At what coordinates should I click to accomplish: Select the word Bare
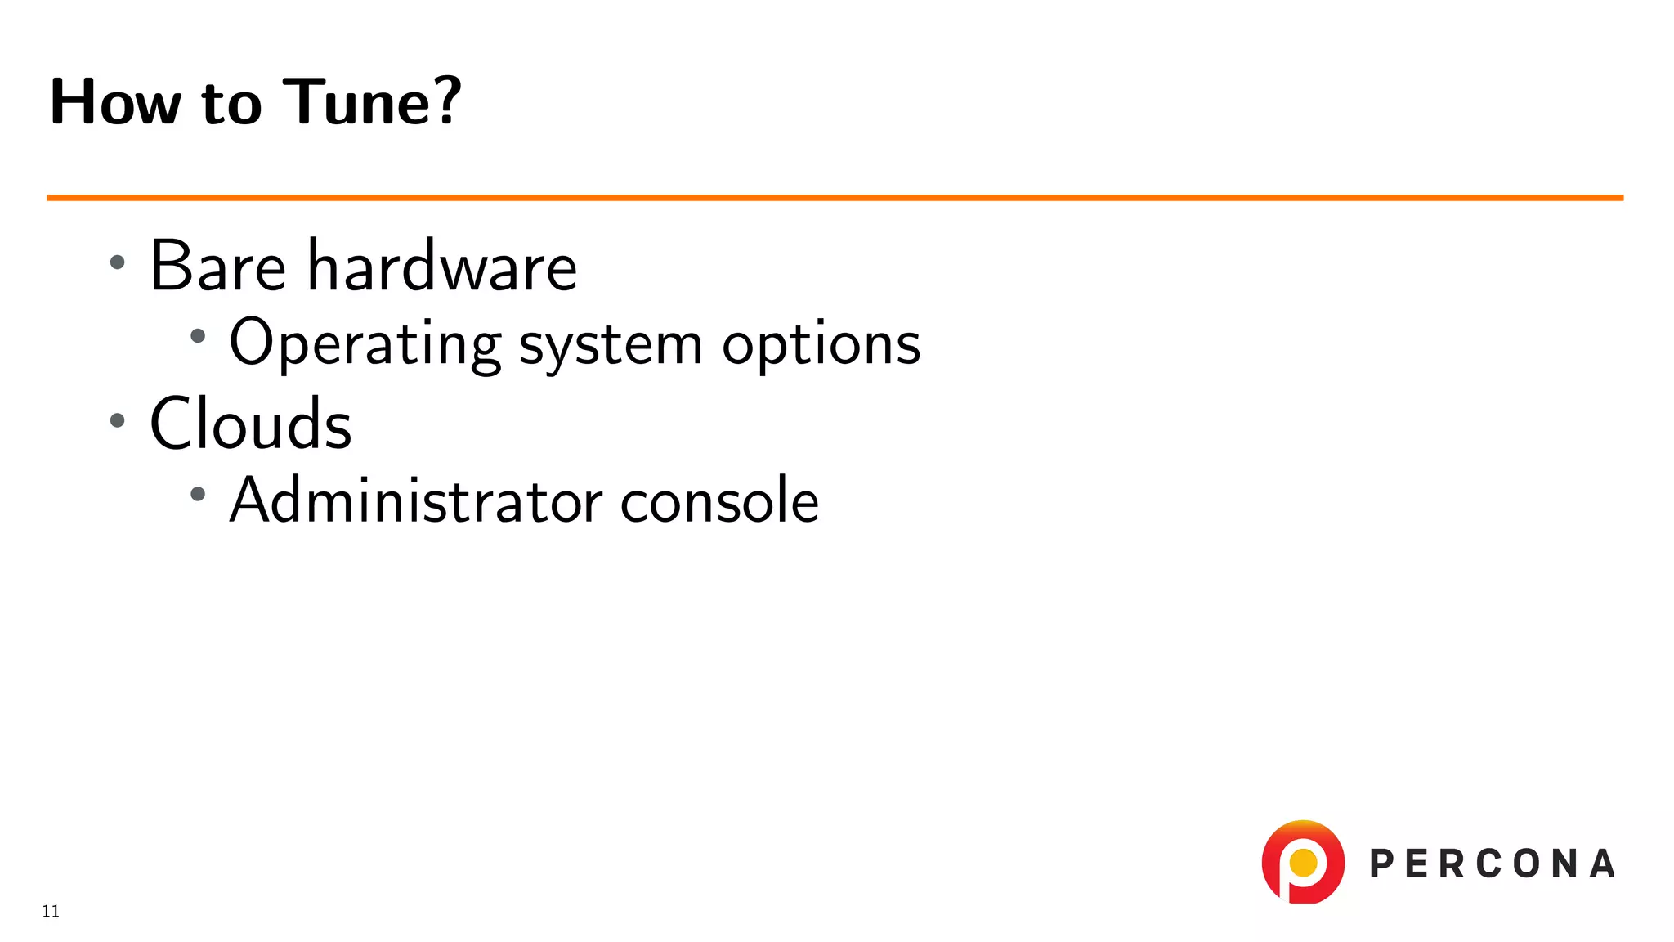pyautogui.click(x=217, y=267)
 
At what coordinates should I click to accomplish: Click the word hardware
pyautogui.click(x=441, y=267)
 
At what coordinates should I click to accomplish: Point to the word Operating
pyautogui.click(x=365, y=343)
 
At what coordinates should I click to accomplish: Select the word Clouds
pyautogui.click(x=250, y=424)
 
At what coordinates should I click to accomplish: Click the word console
pyautogui.click(x=719, y=500)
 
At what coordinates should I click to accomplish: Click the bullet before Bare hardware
pyautogui.click(x=118, y=262)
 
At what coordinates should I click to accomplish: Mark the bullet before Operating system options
pyautogui.click(x=198, y=335)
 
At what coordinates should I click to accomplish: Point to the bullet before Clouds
pyautogui.click(x=118, y=420)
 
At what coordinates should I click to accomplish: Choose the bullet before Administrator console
pyautogui.click(x=198, y=494)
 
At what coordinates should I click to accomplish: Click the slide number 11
pyautogui.click(x=51, y=912)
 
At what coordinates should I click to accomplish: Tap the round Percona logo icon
pyautogui.click(x=1303, y=862)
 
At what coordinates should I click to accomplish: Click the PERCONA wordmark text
pyautogui.click(x=1492, y=864)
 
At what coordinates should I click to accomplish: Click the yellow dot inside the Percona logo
pyautogui.click(x=1303, y=862)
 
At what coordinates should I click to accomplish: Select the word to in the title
pyautogui.click(x=231, y=104)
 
